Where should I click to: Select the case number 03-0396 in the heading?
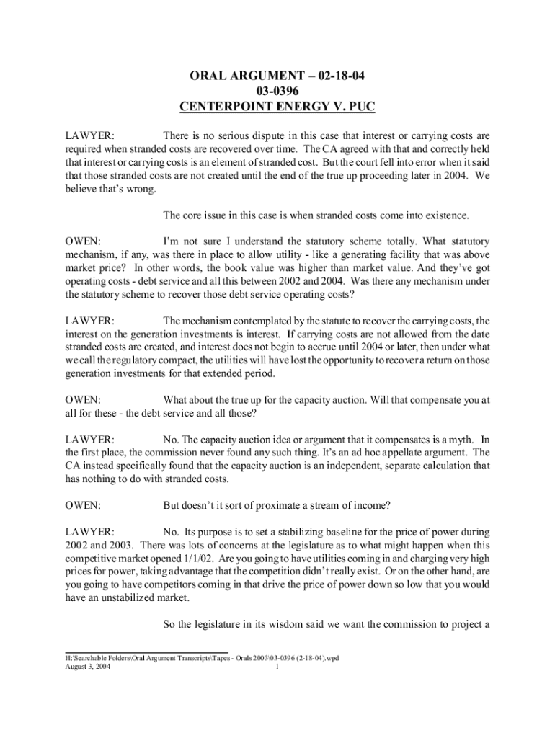277,92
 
